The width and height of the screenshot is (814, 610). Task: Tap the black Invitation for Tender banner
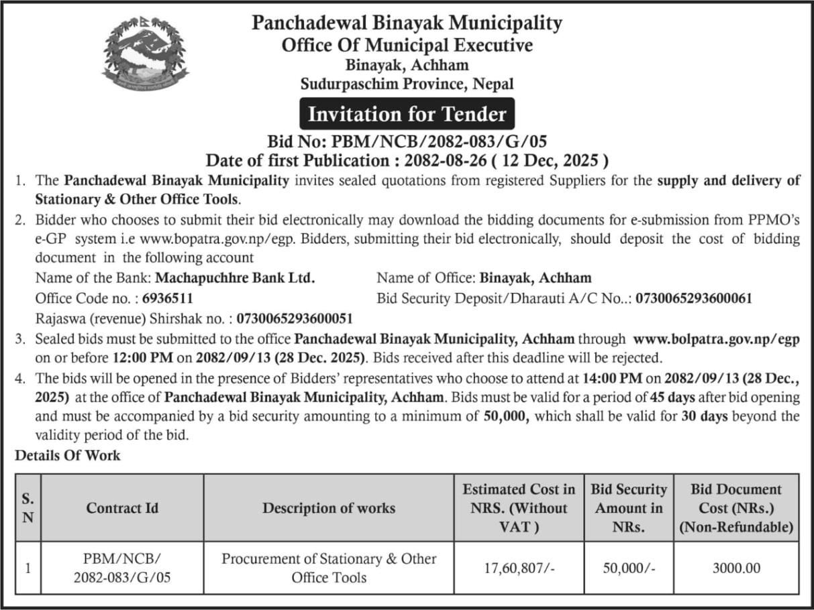407,114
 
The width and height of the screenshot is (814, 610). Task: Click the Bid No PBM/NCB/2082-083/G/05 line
407,141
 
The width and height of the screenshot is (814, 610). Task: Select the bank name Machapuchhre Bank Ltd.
235,278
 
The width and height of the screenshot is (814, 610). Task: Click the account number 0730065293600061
694,298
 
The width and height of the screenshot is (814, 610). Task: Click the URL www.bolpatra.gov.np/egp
716,340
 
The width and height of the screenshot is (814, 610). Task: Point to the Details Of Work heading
68,456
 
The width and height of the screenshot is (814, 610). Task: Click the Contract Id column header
122,508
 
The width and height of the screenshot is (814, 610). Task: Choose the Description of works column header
329,508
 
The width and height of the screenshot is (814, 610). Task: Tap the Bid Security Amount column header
628,508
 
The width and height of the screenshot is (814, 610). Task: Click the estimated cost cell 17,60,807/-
519,568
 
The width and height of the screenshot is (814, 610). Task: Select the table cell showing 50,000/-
628,568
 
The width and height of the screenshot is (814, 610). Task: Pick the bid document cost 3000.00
736,568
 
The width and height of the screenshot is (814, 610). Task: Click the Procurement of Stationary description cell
329,568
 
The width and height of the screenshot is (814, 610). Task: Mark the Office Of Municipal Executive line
407,46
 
